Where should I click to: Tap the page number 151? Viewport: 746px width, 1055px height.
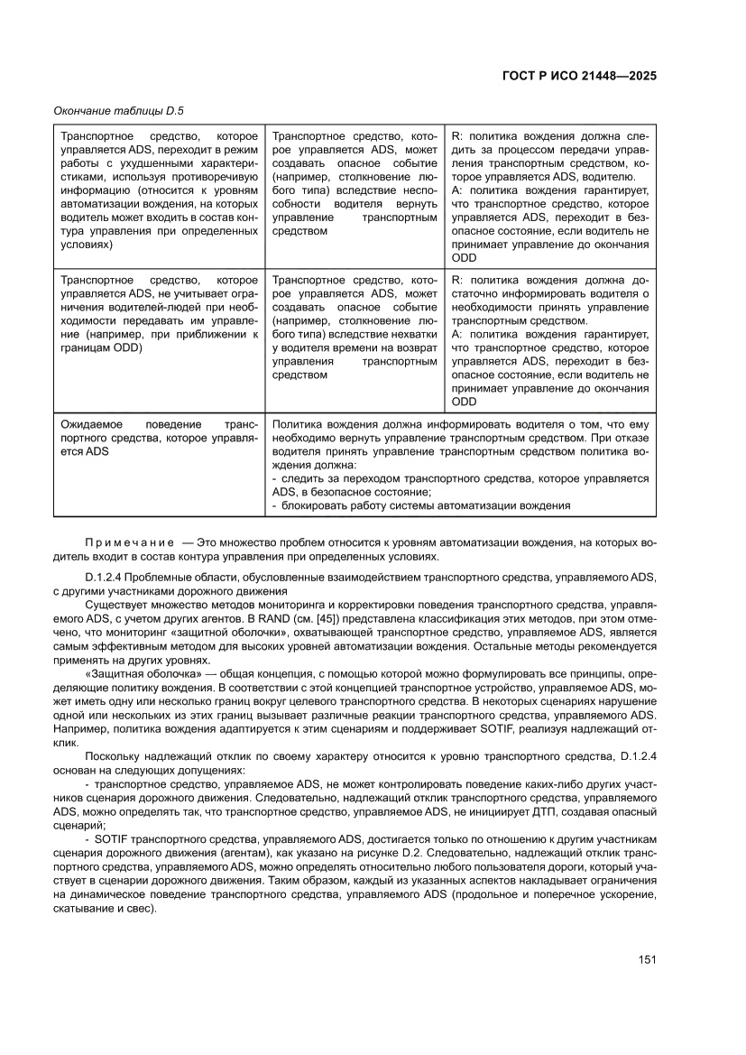(646, 959)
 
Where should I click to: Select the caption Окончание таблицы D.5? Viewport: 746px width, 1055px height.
(118, 110)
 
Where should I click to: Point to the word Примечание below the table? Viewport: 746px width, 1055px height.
(129, 542)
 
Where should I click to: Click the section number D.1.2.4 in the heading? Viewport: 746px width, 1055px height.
(106, 577)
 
